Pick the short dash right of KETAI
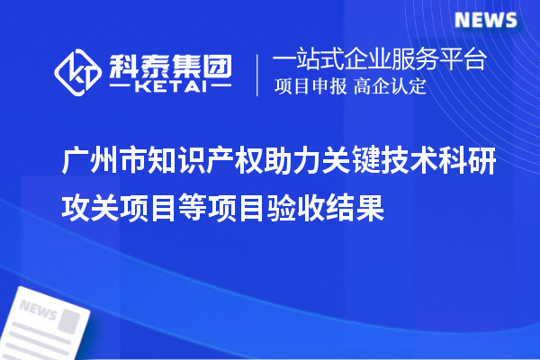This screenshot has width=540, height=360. click(220, 89)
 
